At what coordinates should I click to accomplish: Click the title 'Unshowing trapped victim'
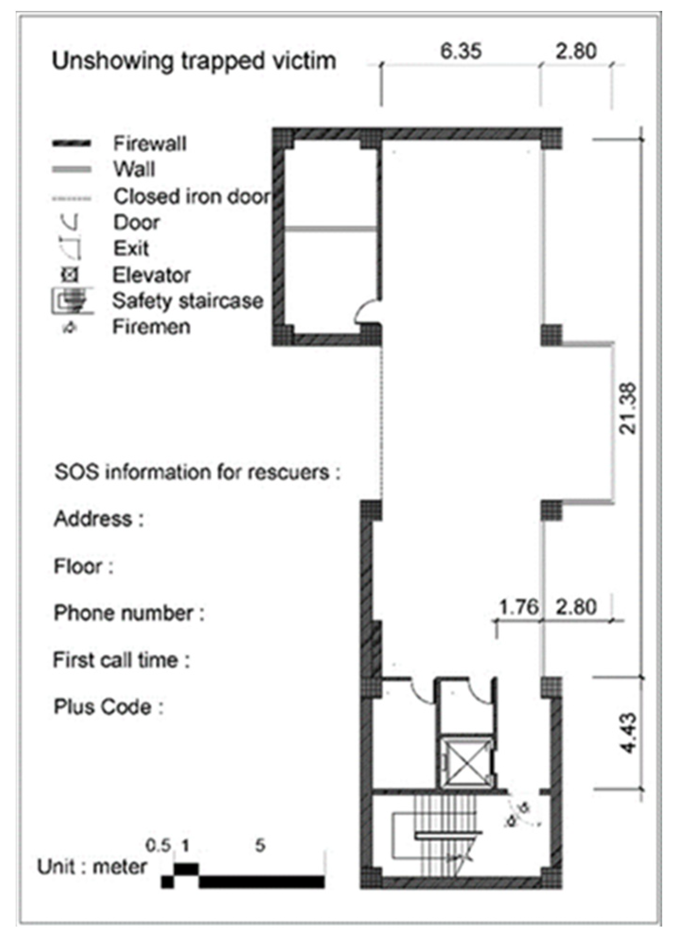tap(194, 61)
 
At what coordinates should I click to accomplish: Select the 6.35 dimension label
tap(461, 51)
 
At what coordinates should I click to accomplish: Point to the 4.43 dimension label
tap(629, 733)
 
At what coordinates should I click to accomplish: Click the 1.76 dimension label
tap(519, 607)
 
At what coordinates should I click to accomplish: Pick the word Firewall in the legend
tap(150, 143)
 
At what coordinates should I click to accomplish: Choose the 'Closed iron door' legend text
tap(192, 196)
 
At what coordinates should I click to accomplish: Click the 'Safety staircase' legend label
tap(188, 301)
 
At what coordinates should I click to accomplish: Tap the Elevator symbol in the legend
tap(70, 275)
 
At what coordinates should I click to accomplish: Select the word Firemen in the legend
tap(151, 327)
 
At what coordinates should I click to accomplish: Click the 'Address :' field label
tap(98, 519)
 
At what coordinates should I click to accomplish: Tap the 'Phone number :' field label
tap(129, 613)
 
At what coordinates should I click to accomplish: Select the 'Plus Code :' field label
tap(108, 707)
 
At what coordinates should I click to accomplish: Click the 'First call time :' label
tap(121, 660)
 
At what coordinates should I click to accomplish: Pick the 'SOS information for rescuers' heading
tap(197, 472)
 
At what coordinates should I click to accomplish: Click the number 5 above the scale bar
tap(260, 845)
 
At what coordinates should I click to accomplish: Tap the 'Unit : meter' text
tap(92, 867)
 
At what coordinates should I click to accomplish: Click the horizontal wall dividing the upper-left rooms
tap(331, 229)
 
